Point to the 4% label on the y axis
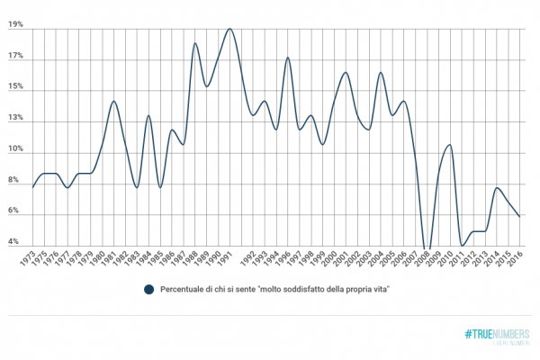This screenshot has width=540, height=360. coord(14,242)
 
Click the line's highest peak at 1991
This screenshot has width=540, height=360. coord(229,29)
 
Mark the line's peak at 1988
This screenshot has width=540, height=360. coord(194,43)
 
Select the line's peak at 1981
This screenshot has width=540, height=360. coord(113,101)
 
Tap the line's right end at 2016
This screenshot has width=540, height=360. coord(519,216)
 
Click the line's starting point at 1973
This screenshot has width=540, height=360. coord(32,187)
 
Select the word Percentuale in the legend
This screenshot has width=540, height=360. coord(182,289)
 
